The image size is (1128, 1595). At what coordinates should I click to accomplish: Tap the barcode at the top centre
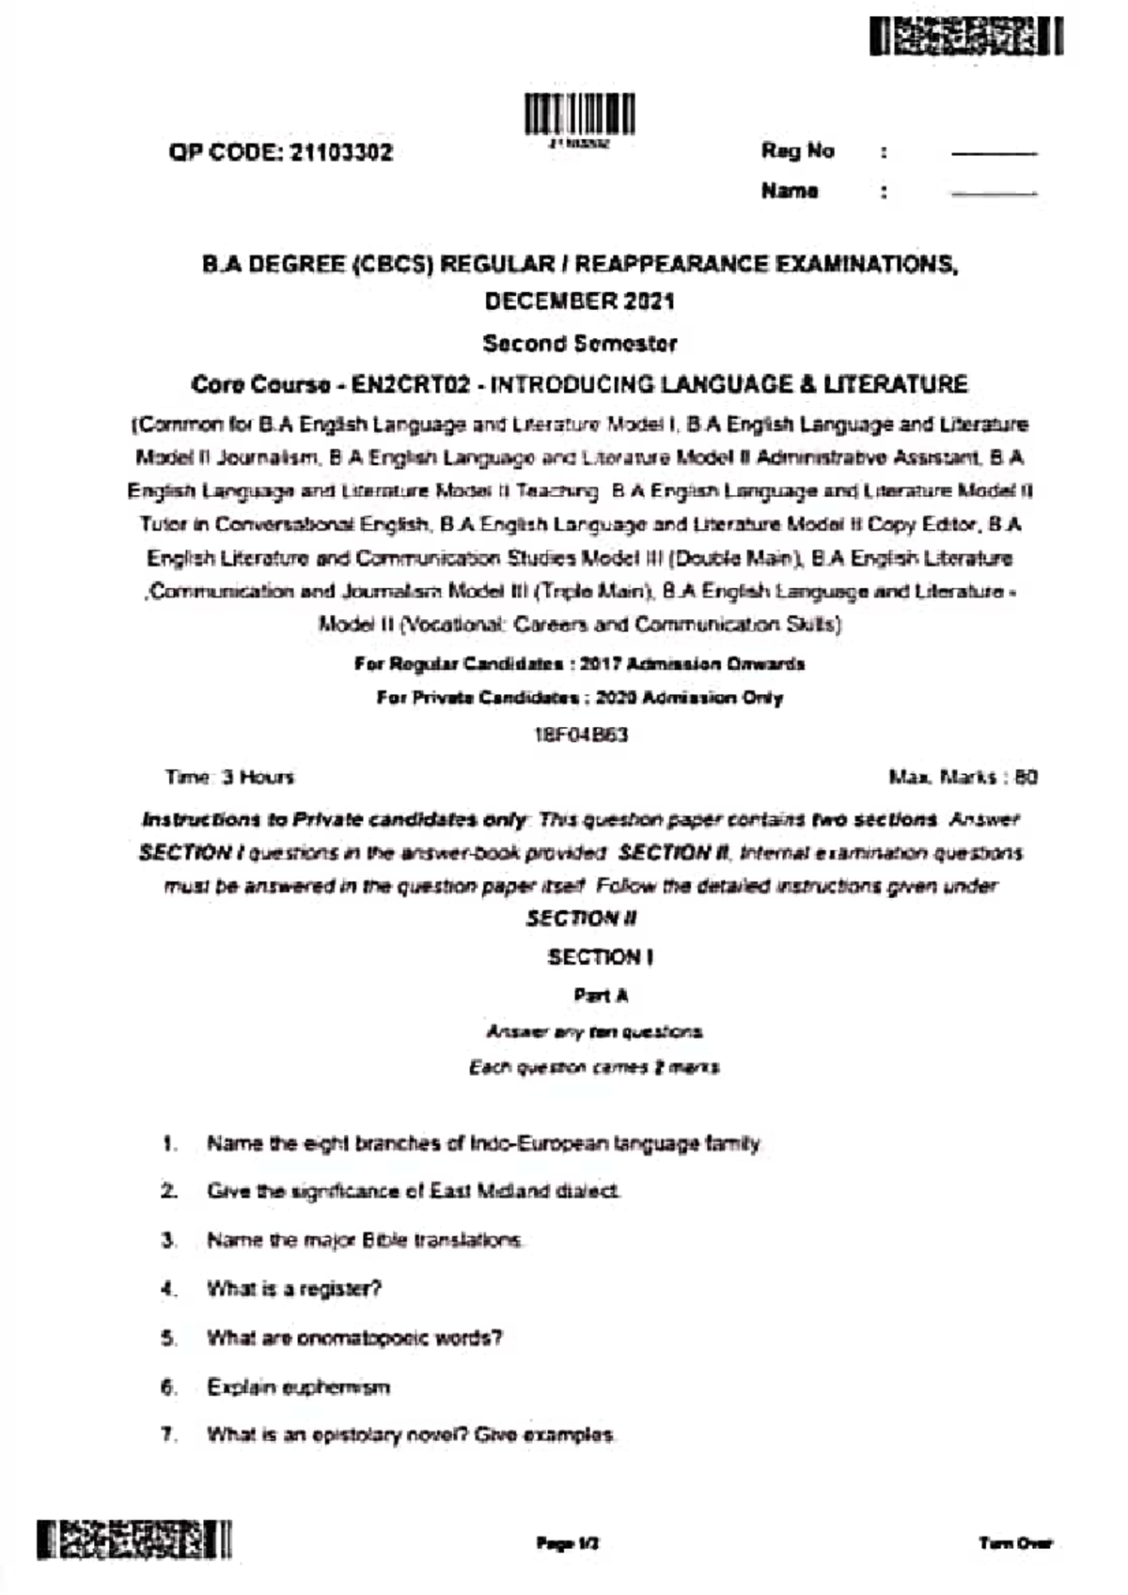coord(579,115)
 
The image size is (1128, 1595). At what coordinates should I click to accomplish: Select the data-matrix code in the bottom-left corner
coord(134,1540)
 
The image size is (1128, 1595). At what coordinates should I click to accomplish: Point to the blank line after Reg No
coord(994,153)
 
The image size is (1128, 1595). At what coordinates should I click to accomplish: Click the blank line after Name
coord(994,194)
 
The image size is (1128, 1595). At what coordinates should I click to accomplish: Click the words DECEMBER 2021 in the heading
coord(580,302)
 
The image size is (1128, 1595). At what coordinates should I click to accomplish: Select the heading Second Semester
coord(580,343)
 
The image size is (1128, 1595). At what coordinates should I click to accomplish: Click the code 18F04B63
coord(580,735)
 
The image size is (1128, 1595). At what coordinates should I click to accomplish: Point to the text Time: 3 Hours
coord(229,777)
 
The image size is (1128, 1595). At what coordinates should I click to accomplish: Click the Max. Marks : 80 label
coord(963,777)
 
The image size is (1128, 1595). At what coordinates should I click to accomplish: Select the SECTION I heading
coord(601,957)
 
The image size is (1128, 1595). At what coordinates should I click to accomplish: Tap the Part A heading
coord(601,995)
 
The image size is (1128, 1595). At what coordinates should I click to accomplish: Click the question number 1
coord(169,1143)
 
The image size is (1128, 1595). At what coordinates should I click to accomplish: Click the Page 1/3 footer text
coord(568,1542)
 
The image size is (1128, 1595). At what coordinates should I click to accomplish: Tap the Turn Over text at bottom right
coord(1015,1542)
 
